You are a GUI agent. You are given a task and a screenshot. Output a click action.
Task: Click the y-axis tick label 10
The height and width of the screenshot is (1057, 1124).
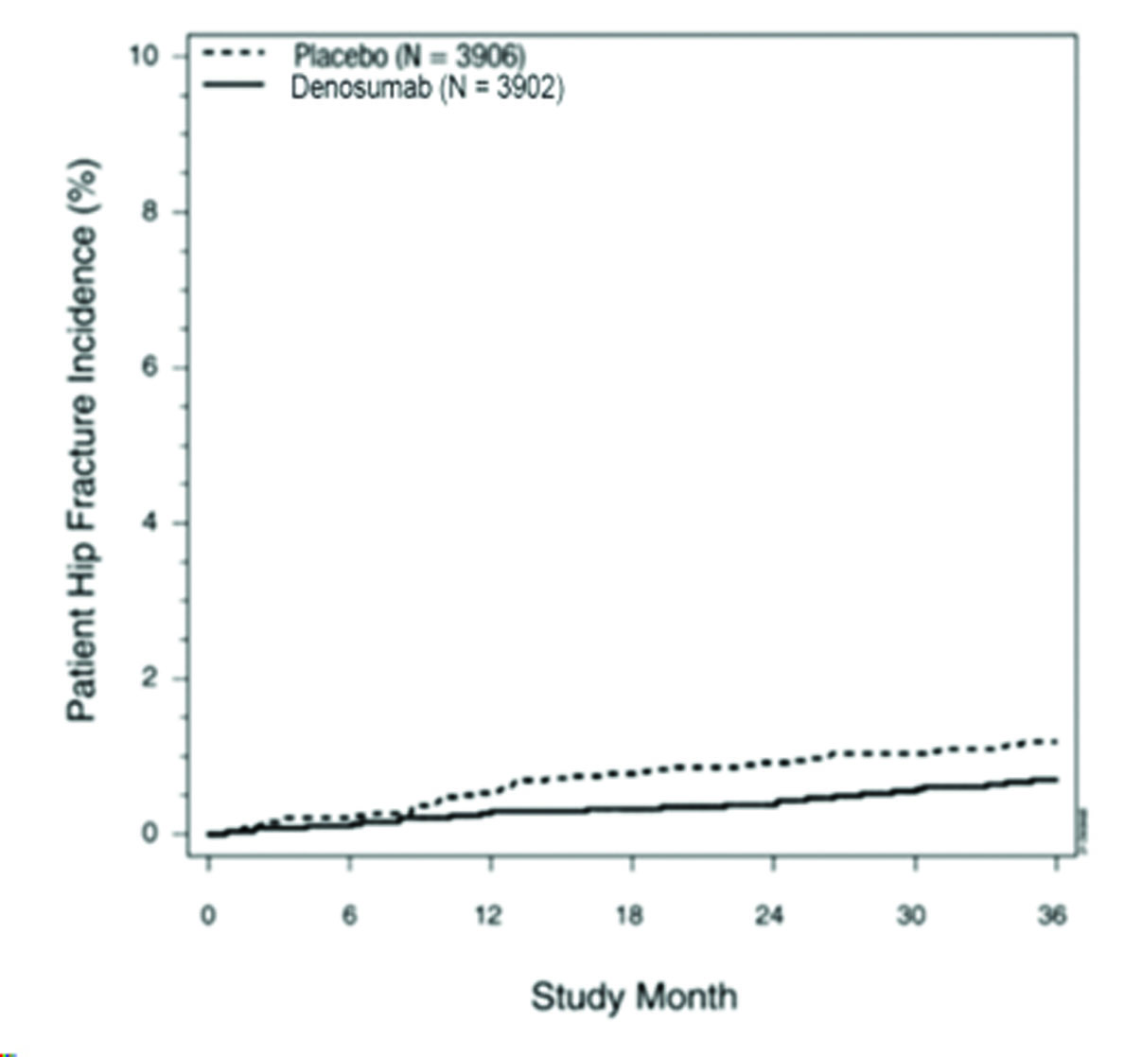[x=145, y=56]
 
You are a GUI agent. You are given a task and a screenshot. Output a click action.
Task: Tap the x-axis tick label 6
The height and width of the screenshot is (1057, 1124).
[x=349, y=916]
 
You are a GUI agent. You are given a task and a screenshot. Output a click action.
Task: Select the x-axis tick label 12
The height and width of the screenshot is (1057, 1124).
[x=489, y=916]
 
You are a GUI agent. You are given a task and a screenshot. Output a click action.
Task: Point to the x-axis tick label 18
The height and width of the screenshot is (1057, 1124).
[x=630, y=916]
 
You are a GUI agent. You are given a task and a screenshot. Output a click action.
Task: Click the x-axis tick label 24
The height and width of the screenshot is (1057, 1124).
[x=772, y=916]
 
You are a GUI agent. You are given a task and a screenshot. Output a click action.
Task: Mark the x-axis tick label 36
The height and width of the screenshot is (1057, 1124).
[x=1053, y=916]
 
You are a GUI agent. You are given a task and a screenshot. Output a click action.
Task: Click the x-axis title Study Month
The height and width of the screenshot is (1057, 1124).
[x=633, y=996]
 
